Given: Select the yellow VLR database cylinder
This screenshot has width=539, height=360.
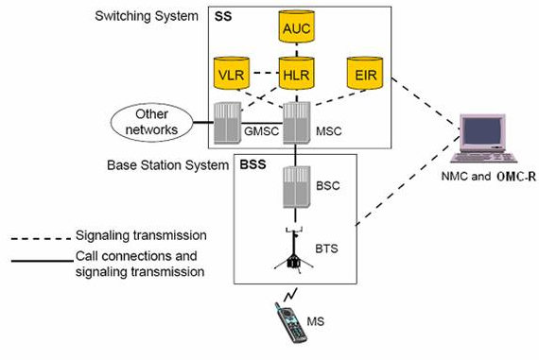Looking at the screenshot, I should click(x=231, y=73).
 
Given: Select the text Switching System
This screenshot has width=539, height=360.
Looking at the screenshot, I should click(x=145, y=17).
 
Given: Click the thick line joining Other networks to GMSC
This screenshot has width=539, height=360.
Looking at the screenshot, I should click(x=202, y=122).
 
